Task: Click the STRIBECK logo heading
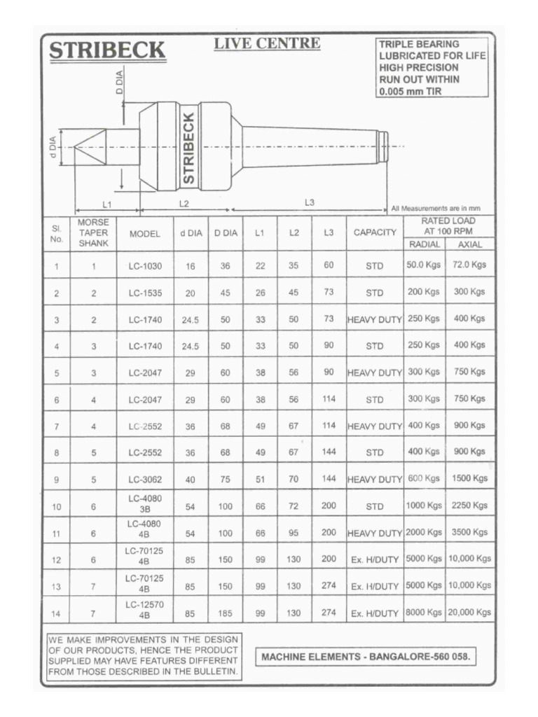106,51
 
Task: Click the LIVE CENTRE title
267,43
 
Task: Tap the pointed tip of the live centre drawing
75,147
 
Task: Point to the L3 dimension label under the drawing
310,202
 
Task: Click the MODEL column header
145,233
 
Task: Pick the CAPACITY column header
375,232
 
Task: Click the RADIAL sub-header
425,244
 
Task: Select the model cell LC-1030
145,266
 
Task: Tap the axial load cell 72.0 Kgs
469,265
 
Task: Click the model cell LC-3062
145,480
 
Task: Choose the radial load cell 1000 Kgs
425,506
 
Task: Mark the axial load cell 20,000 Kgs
469,612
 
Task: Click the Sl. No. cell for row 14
56,614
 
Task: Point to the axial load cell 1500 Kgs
469,478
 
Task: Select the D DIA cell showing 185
225,613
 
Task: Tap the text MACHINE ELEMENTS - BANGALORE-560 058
365,657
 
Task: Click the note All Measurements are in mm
436,208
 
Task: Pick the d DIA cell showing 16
191,267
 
